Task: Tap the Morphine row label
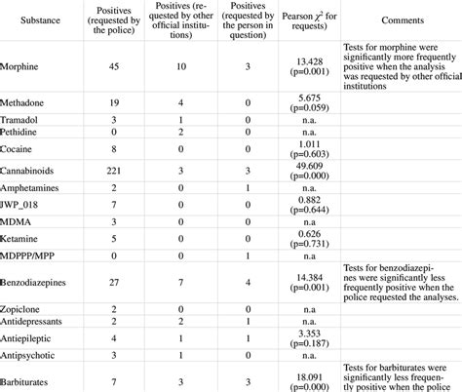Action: [26, 66]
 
